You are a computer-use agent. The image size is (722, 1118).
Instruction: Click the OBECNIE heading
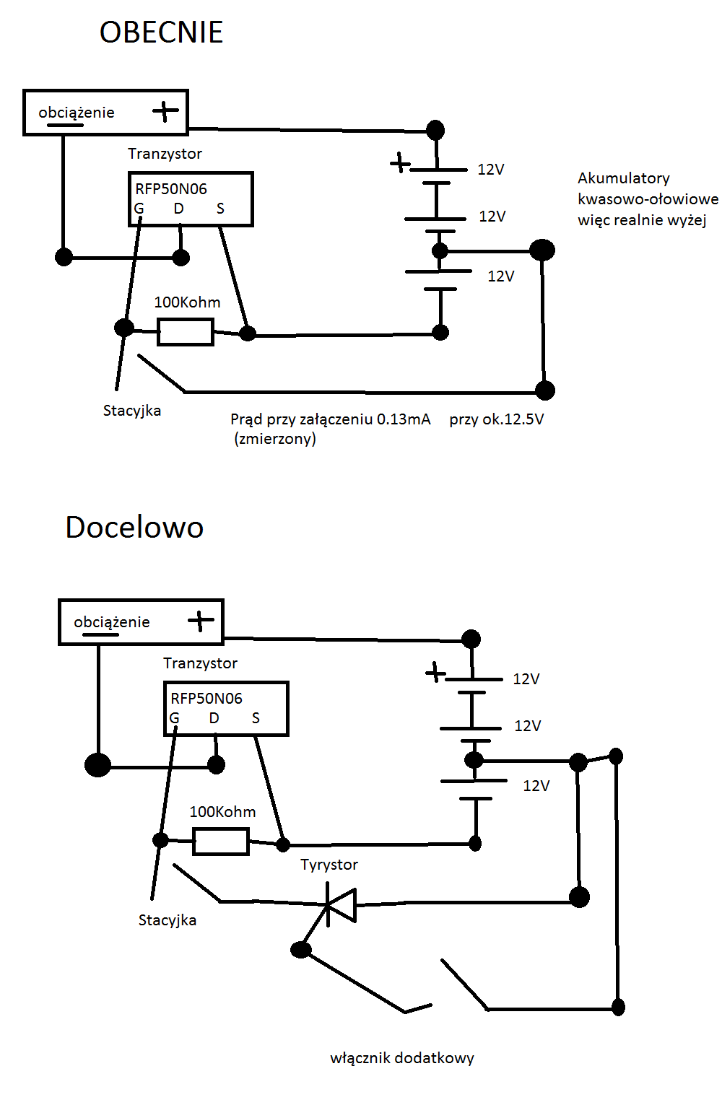161,32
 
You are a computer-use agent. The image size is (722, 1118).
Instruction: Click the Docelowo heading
134,527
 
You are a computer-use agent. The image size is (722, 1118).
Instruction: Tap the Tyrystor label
329,865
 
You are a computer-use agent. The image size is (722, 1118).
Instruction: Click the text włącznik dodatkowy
402,1058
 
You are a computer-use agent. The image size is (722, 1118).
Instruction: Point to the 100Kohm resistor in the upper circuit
186,333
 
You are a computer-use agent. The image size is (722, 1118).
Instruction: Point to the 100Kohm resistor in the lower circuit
221,842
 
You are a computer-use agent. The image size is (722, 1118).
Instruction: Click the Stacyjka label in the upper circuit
132,411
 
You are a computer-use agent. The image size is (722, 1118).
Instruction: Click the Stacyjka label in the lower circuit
168,920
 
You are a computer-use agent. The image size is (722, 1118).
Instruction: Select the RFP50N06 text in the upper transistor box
171,188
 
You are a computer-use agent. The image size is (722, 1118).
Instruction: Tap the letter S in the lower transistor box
256,717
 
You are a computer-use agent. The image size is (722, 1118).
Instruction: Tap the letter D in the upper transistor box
178,208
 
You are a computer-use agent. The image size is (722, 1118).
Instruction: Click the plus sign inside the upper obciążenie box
165,111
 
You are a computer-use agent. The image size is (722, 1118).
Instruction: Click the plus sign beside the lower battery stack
435,672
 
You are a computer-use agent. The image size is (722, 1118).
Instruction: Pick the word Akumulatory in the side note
624,178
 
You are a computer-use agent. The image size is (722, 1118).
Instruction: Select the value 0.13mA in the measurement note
404,419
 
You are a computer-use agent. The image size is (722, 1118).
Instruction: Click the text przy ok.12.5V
496,419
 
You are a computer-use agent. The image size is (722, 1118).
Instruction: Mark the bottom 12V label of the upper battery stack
501,276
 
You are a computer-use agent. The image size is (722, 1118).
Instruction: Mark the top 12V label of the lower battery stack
526,678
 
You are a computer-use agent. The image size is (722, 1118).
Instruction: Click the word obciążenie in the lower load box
112,622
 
